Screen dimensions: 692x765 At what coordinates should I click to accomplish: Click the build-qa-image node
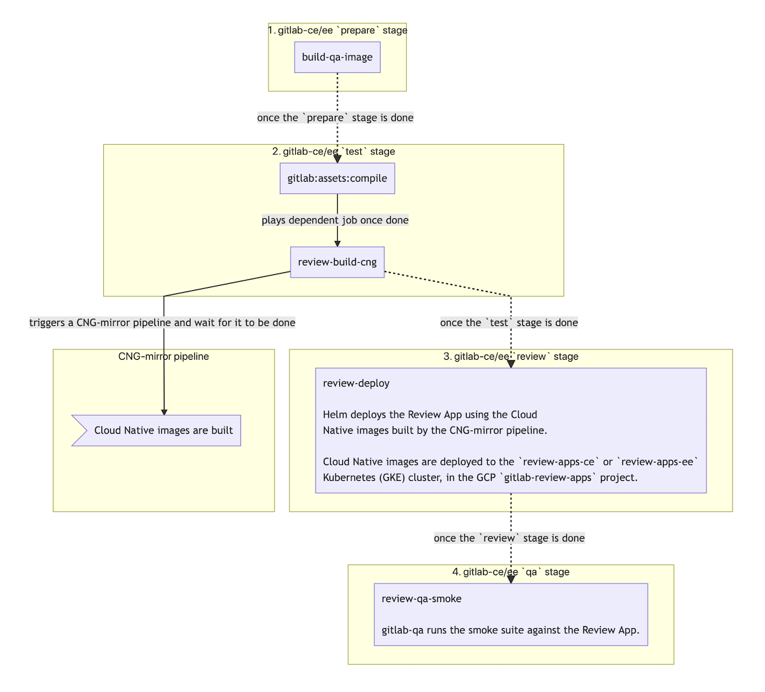tap(337, 57)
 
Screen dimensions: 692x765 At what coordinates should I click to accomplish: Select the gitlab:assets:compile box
tap(337, 179)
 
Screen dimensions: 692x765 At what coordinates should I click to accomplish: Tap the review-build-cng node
tap(337, 262)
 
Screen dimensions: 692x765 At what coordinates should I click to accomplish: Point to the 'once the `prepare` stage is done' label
tap(335, 118)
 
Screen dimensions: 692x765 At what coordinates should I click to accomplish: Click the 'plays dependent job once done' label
tap(335, 221)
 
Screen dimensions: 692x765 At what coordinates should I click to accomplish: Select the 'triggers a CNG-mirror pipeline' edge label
tap(163, 323)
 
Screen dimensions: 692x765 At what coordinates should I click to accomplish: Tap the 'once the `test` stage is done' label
tap(509, 323)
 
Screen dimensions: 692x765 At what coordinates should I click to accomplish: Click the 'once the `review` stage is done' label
tap(509, 538)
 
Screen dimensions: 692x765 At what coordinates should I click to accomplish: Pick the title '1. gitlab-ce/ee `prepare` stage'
tap(337, 31)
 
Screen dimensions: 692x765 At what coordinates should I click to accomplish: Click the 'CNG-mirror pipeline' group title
tap(164, 357)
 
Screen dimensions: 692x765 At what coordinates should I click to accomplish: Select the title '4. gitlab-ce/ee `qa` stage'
tap(511, 572)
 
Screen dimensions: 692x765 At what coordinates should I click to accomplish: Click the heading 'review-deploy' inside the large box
tap(356, 383)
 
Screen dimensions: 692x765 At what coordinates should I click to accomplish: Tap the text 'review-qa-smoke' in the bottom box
tap(421, 599)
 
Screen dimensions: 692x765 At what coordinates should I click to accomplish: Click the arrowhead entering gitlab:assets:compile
tap(337, 159)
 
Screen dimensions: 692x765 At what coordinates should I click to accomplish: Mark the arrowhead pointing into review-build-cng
tap(337, 243)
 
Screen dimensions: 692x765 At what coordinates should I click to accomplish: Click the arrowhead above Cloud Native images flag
tap(164, 412)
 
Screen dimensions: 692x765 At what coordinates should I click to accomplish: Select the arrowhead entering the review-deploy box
tap(511, 364)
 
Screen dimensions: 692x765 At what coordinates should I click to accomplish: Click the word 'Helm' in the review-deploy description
tap(335, 415)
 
